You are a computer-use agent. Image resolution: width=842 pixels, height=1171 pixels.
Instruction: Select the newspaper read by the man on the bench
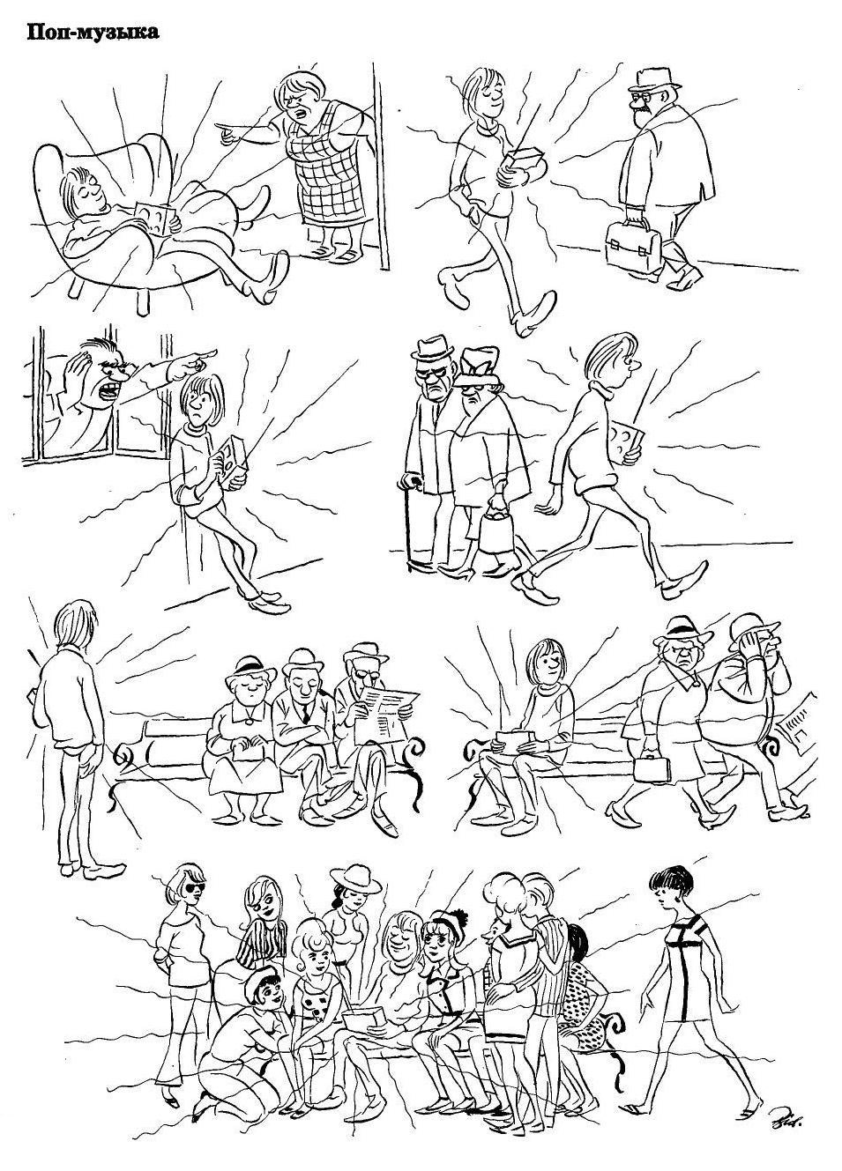click(386, 717)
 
